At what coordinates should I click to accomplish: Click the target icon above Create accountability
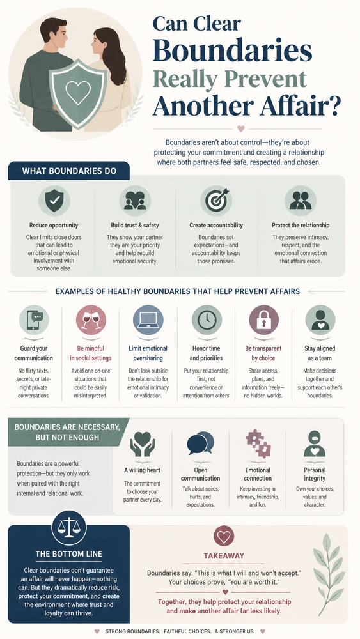(x=216, y=201)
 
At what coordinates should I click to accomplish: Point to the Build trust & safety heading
(x=135, y=226)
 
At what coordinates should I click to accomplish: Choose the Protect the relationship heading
(x=301, y=226)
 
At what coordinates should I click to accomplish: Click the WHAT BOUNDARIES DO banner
(x=68, y=171)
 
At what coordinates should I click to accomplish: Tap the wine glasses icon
(x=91, y=320)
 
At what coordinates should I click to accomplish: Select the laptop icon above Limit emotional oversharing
(x=148, y=320)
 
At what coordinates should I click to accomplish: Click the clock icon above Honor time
(x=207, y=320)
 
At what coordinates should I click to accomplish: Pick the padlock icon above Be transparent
(x=264, y=320)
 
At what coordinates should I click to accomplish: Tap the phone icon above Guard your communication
(x=34, y=320)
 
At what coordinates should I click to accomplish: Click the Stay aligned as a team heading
(x=320, y=353)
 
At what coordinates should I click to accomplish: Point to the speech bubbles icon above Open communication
(x=201, y=443)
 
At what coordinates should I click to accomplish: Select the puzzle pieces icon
(x=258, y=443)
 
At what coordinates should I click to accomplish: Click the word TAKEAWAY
(x=224, y=555)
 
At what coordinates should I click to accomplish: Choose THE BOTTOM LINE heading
(x=69, y=554)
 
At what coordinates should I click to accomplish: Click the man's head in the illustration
(x=54, y=35)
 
